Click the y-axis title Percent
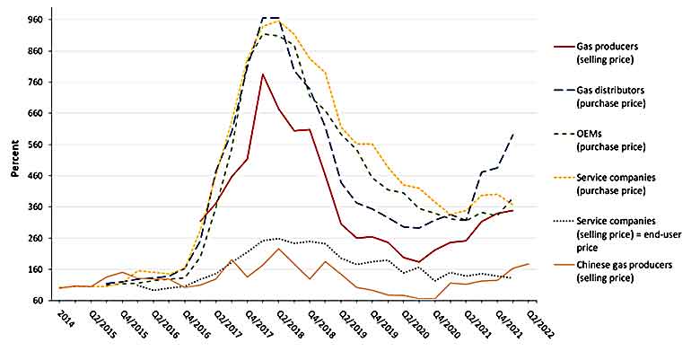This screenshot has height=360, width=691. pyautogui.click(x=15, y=161)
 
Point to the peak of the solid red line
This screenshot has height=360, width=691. pyautogui.click(x=262, y=74)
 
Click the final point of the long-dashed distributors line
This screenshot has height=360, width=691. pyautogui.click(x=513, y=134)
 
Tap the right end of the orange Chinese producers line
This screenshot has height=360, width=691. pyautogui.click(x=529, y=264)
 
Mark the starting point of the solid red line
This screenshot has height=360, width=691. pyautogui.click(x=199, y=222)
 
